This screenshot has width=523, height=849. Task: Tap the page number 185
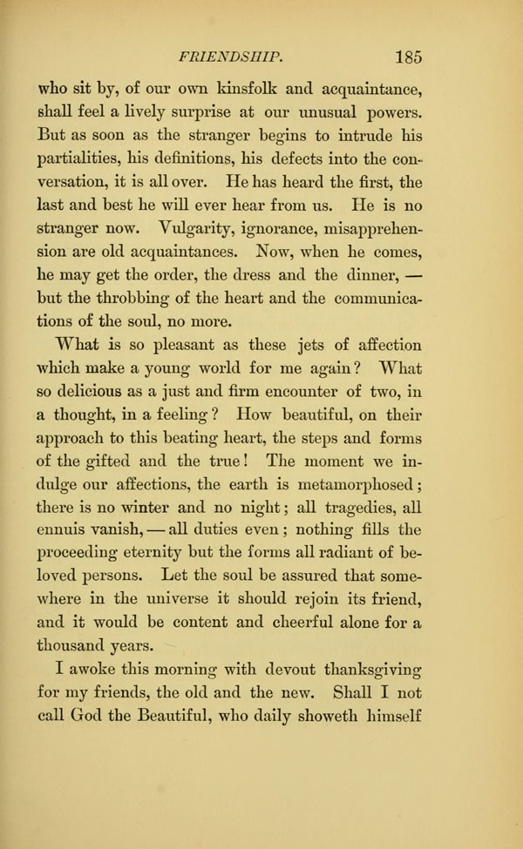(408, 57)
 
